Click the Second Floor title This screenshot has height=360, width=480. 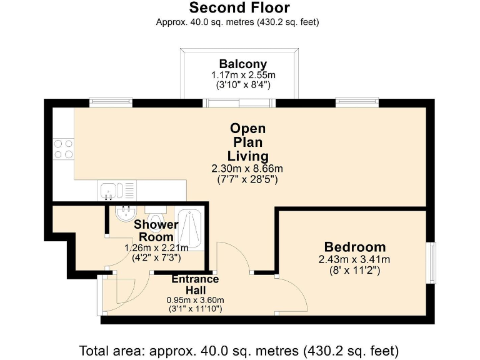(239, 7)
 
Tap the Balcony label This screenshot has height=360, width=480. (243, 64)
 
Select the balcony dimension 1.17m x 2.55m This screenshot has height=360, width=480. (243, 75)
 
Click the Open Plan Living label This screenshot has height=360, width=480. (247, 142)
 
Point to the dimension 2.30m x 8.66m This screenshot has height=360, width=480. (247, 168)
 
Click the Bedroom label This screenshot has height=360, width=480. (355, 247)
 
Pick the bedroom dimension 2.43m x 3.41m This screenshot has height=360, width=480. (354, 259)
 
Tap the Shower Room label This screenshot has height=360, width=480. (156, 231)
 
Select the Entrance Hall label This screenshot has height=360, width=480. (195, 284)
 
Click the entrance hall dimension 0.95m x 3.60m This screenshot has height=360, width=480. (195, 300)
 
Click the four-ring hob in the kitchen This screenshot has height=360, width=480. (64, 149)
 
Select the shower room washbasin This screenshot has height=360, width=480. (126, 213)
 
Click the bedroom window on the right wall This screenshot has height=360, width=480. (432, 262)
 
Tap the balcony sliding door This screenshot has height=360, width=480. (239, 103)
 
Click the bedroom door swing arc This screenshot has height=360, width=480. (297, 290)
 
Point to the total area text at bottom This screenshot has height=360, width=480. (239, 351)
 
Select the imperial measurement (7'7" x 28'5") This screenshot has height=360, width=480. (247, 179)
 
